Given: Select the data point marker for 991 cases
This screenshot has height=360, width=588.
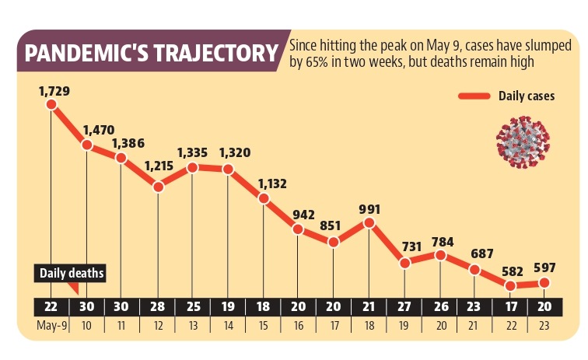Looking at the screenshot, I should tap(369, 223).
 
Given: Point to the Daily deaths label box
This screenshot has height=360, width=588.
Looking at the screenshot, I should tap(72, 273).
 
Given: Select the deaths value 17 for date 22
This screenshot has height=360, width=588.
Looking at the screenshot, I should tap(510, 305).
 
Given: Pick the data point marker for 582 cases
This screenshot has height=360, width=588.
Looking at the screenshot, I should tap(510, 285).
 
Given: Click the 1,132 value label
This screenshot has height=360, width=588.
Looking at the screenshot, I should tap(264, 183).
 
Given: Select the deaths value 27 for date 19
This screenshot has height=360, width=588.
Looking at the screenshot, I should tap(404, 305).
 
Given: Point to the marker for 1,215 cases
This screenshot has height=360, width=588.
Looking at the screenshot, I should tap(158, 187).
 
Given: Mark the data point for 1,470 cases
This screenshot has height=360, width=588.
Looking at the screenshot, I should tap(86, 145).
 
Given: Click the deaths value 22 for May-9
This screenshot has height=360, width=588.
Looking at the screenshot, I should tap(51, 305).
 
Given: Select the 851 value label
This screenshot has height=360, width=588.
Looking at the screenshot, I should tap(334, 225).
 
